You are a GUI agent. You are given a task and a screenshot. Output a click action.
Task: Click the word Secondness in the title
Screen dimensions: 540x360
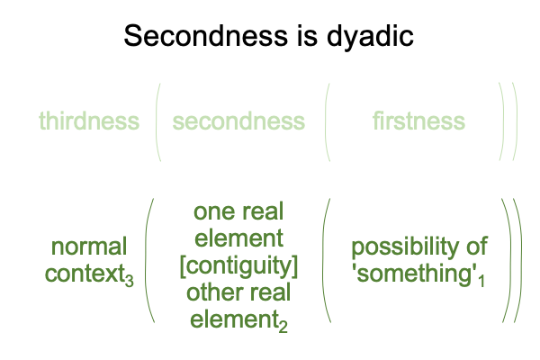[x=205, y=36]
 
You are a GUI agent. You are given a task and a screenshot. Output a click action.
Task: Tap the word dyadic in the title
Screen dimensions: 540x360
[x=370, y=37]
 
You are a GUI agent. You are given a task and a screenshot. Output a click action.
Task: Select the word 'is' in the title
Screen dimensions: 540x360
[x=307, y=36]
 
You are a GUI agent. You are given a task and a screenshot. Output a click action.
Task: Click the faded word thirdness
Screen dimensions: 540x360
[x=89, y=121]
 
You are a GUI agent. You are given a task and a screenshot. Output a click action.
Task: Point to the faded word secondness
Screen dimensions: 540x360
[x=238, y=121]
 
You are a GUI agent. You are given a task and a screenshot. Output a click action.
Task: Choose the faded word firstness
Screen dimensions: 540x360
[x=418, y=121]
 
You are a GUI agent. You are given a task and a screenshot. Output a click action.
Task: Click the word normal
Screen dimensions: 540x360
[x=89, y=247]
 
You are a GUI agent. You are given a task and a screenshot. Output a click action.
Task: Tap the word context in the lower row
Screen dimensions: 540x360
[x=85, y=274]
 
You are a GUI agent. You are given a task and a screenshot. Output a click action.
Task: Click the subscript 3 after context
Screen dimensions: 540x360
[x=129, y=281]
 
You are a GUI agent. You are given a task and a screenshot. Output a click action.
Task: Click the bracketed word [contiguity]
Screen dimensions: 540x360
[x=238, y=266]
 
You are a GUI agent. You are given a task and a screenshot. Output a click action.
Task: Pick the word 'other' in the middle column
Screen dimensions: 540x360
[x=213, y=292]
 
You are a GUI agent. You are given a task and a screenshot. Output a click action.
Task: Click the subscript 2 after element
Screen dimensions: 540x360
[x=283, y=326]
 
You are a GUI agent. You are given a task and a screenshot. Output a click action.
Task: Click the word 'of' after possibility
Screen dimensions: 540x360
[x=477, y=246]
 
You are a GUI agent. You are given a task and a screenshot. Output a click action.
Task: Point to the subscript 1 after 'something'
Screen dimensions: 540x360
[x=481, y=281]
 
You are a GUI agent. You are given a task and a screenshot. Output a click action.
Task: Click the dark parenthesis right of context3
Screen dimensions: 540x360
[x=146, y=261]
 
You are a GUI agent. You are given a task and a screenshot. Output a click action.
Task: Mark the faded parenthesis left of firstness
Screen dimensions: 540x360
[x=326, y=122]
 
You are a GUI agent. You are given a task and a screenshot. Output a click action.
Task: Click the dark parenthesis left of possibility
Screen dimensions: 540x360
[x=323, y=261]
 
